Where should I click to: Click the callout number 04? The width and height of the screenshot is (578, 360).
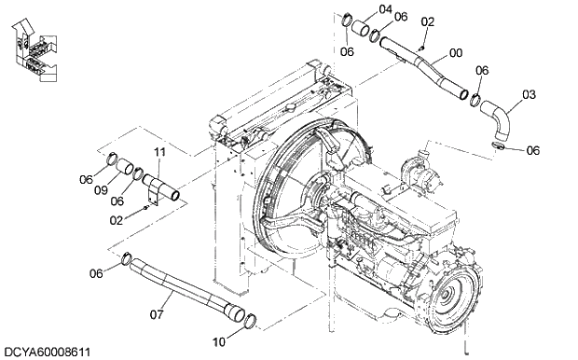click(x=386, y=10)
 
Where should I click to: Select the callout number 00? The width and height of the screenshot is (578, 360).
click(x=456, y=54)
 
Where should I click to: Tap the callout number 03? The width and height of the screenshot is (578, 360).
click(x=529, y=94)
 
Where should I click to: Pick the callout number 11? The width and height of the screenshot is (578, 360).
click(x=159, y=152)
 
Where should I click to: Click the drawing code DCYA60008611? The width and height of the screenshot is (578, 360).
click(x=47, y=352)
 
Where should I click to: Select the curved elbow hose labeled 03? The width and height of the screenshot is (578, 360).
click(x=500, y=123)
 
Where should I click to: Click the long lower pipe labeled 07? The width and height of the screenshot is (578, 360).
click(x=177, y=287)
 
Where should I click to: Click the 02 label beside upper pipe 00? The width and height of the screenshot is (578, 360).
click(x=428, y=21)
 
